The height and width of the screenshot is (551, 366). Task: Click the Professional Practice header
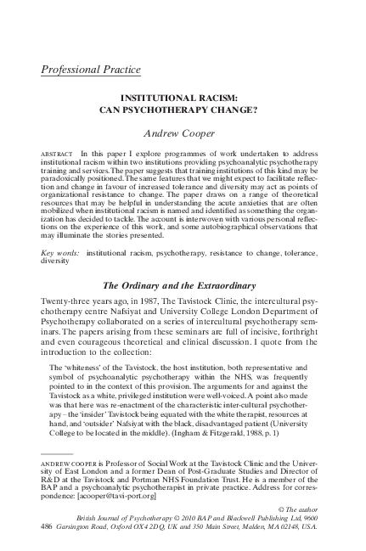[x=91, y=69]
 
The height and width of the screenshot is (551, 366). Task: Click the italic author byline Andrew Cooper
[x=182, y=133]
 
